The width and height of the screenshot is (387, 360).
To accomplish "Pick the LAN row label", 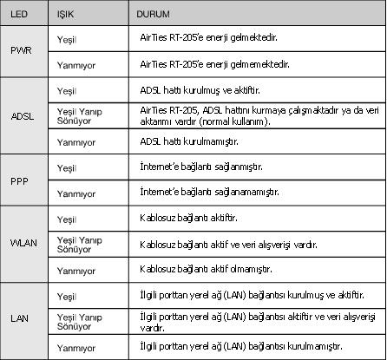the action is click(20, 321).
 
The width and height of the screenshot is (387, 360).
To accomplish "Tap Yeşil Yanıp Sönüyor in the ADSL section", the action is click(80, 117).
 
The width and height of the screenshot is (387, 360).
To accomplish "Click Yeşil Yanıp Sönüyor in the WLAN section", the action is click(79, 244).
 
